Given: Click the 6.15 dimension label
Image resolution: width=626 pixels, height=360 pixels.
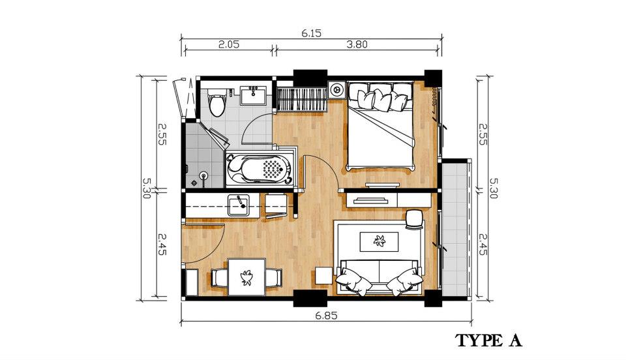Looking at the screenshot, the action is (312, 33).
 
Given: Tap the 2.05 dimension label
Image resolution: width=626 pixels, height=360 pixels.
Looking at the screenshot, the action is (229, 44).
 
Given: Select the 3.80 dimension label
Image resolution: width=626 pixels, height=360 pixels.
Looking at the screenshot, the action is (357, 44).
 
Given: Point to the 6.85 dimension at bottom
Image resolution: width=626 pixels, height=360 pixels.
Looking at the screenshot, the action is (326, 316).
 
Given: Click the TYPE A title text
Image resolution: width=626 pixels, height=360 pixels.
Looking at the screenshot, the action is (488, 340).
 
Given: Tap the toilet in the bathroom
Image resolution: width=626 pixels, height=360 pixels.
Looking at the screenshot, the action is (217, 102).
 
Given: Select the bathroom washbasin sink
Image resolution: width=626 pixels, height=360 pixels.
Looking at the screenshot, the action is (253, 96).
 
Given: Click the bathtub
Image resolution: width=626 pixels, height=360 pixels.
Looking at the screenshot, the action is (260, 169).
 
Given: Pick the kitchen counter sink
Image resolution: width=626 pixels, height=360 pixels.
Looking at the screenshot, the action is (239, 205).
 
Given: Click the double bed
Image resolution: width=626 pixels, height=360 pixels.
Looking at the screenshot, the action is (380, 125).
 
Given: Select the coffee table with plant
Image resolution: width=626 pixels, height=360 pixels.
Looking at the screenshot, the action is (380, 241).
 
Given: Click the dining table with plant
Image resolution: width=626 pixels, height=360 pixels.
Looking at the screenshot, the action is (246, 277).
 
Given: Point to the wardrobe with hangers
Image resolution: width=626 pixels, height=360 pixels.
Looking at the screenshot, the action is (302, 99).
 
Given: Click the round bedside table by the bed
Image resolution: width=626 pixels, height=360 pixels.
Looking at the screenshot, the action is (337, 89).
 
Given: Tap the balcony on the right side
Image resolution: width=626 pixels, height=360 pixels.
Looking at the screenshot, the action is (455, 228).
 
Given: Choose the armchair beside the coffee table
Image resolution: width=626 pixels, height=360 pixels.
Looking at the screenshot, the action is (415, 220).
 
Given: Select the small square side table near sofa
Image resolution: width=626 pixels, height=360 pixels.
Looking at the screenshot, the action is (324, 276).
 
